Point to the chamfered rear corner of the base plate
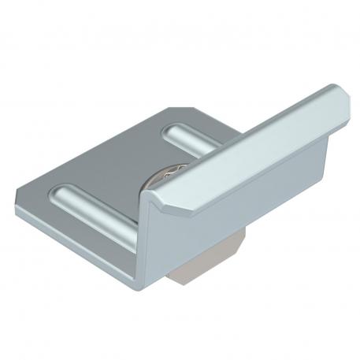point(176,108)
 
